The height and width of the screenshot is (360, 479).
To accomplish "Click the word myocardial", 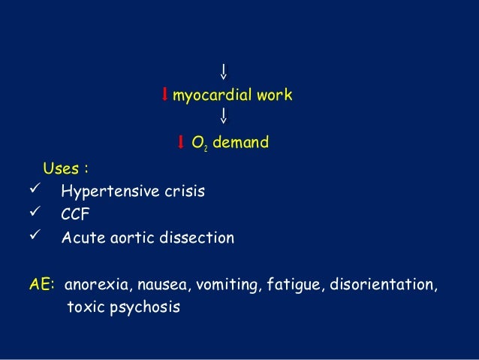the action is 212,95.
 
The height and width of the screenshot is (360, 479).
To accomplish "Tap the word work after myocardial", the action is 273,95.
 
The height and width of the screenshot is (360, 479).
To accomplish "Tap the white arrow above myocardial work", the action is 224,72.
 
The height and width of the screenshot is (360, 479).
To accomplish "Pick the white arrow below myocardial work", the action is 224,116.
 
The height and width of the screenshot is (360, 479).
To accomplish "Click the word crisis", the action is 184,191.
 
